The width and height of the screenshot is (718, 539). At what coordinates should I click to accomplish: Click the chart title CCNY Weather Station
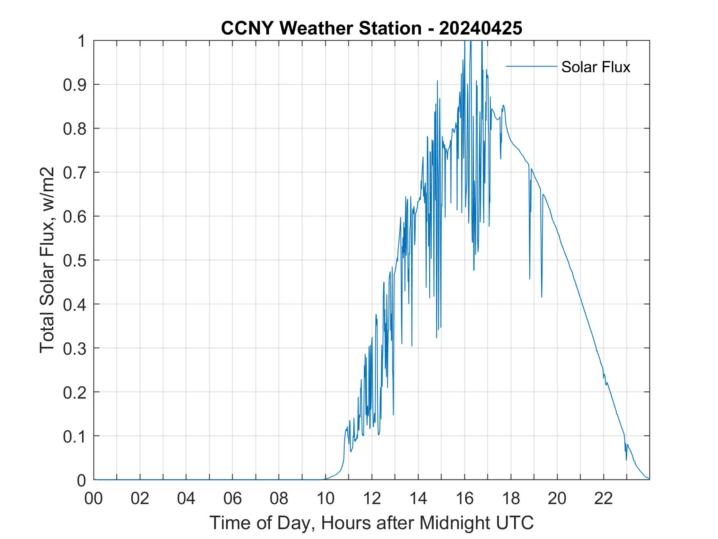(x=321, y=28)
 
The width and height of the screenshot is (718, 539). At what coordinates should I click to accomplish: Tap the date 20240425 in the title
(x=480, y=28)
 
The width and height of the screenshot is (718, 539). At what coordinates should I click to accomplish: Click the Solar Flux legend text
(x=595, y=67)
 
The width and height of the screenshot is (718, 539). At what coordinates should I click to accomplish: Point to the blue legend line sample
(x=531, y=66)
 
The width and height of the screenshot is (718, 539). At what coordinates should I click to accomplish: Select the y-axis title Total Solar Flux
(x=48, y=260)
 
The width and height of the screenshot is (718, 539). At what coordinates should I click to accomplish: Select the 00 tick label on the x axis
(x=94, y=498)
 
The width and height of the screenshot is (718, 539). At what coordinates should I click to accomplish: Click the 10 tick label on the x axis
(x=325, y=498)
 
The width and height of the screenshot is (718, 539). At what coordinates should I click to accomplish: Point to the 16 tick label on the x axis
(x=464, y=498)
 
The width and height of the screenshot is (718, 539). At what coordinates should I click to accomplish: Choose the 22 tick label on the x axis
(x=604, y=498)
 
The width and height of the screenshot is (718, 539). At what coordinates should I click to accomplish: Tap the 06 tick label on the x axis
(x=233, y=498)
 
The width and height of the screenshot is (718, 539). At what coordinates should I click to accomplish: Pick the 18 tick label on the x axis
(x=511, y=498)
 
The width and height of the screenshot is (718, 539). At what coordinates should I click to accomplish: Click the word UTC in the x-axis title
(x=516, y=523)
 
